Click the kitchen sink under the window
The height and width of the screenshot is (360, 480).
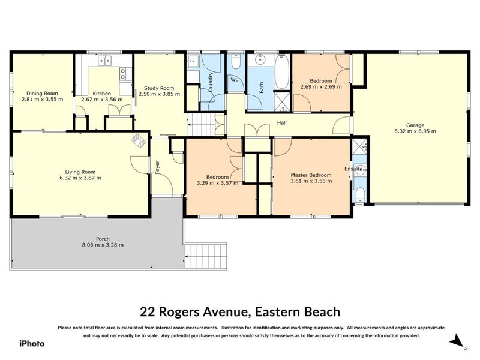[x=104, y=60]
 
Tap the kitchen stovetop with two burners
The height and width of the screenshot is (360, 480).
[x=123, y=74]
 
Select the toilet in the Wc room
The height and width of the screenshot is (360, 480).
[x=236, y=62]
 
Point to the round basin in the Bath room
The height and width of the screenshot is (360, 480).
[x=260, y=60]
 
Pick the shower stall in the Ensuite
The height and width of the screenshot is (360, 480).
[x=359, y=146]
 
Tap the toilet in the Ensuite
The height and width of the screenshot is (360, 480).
[x=359, y=193]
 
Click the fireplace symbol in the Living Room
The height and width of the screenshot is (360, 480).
[x=139, y=140]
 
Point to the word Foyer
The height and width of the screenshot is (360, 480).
[x=158, y=166]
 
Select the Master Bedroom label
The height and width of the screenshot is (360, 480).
[x=311, y=175]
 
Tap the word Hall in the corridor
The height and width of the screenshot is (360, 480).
[x=281, y=124]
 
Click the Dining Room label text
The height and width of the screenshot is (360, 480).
[x=42, y=93]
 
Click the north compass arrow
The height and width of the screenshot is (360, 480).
[x=459, y=341]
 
